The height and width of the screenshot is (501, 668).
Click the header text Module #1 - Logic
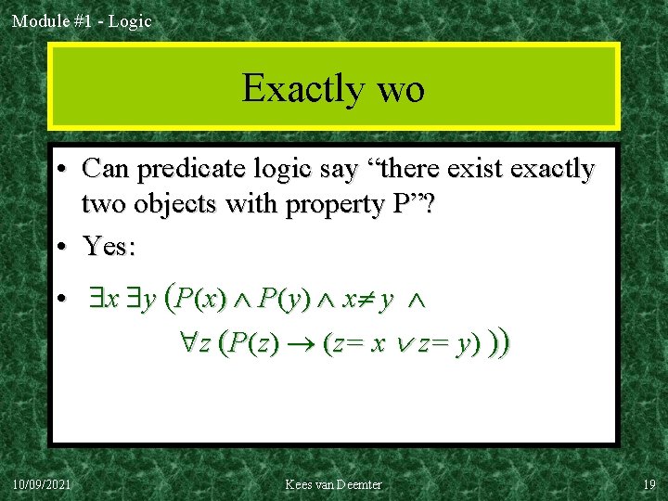tap(82, 20)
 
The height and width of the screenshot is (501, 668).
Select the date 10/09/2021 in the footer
tap(45, 484)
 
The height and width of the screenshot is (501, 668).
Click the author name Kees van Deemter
tap(333, 484)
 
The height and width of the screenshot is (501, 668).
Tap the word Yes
tap(109, 246)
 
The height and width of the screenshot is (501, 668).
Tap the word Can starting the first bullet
tap(103, 170)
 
